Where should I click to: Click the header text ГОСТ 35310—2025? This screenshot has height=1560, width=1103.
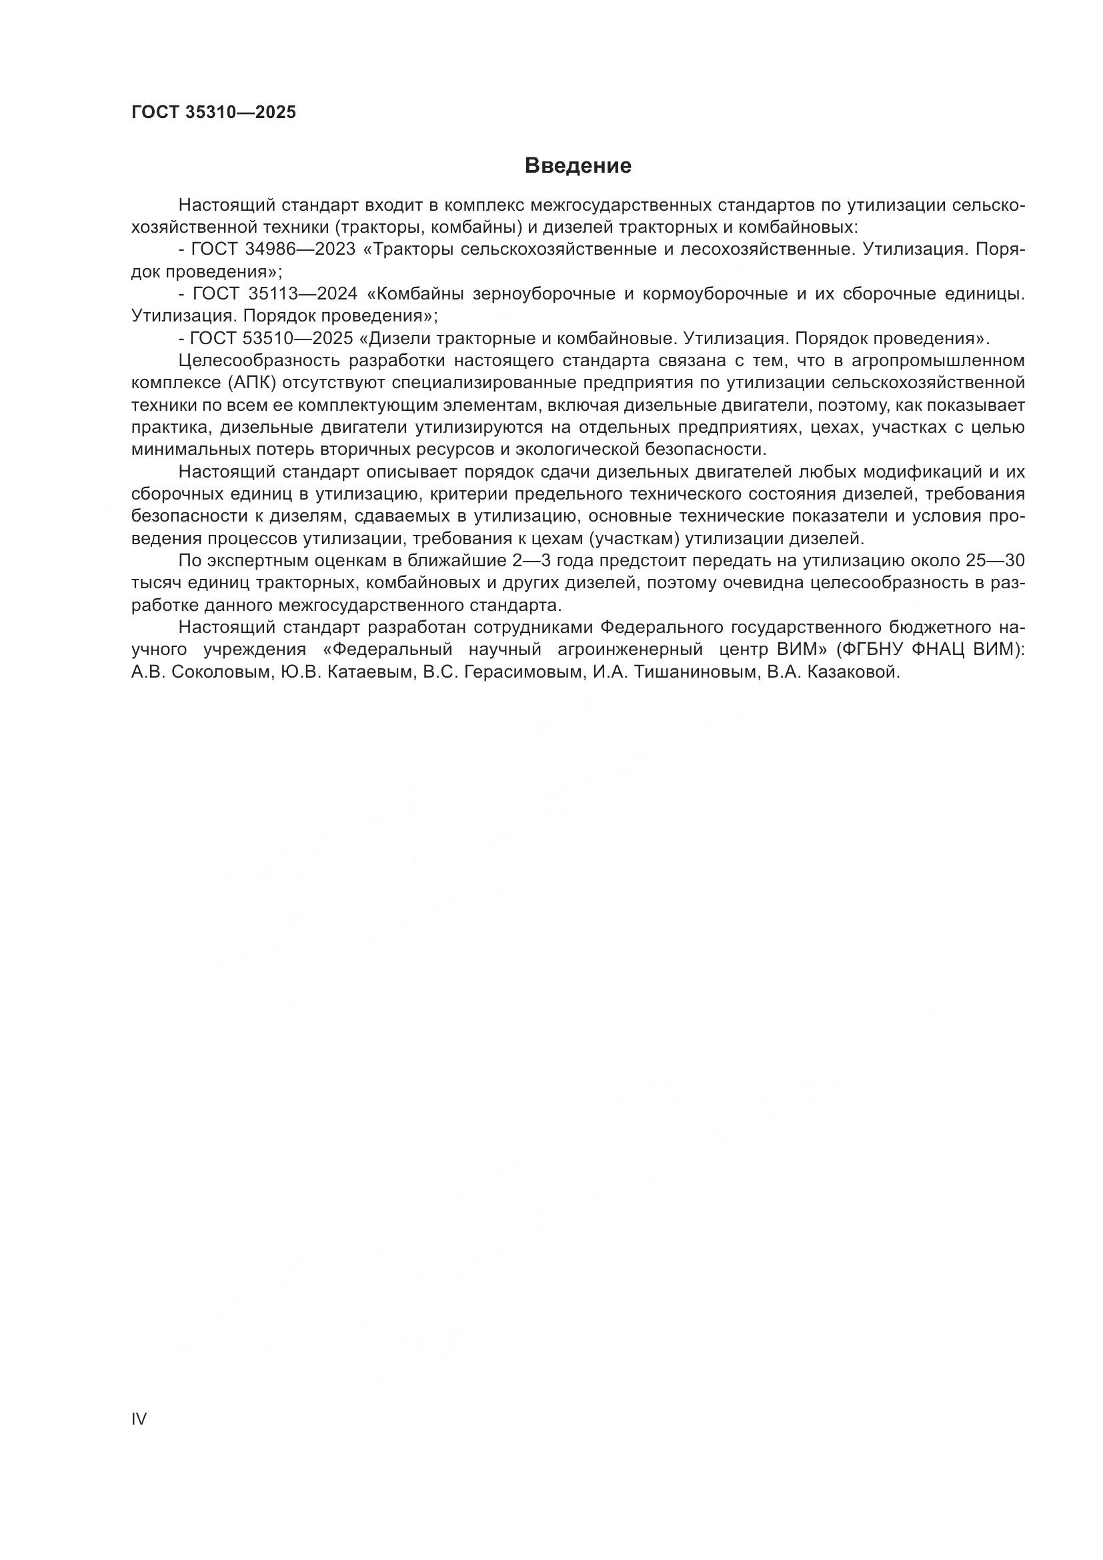coord(213,112)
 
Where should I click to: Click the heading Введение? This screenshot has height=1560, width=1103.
coord(578,166)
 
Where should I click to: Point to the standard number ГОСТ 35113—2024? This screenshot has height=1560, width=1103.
coord(275,294)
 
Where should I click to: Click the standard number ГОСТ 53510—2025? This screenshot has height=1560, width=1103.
coord(271,338)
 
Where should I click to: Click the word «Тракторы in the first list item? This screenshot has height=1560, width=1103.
coord(409,249)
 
